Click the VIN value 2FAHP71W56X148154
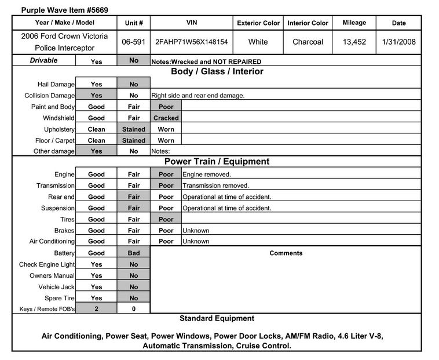(191, 42)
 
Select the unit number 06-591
(134, 42)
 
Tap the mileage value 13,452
(354, 42)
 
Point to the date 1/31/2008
(399, 42)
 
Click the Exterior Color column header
(258, 23)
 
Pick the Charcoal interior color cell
(308, 42)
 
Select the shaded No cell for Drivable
(134, 61)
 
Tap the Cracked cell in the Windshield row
(166, 118)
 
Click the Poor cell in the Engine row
(166, 174)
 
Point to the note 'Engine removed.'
(207, 174)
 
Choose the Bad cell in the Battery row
(134, 253)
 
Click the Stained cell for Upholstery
(134, 129)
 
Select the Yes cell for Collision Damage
(97, 96)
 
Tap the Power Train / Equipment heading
(217, 162)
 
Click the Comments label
(286, 253)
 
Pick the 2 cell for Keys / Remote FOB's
(97, 310)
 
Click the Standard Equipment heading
(217, 319)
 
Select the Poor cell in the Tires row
(166, 220)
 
